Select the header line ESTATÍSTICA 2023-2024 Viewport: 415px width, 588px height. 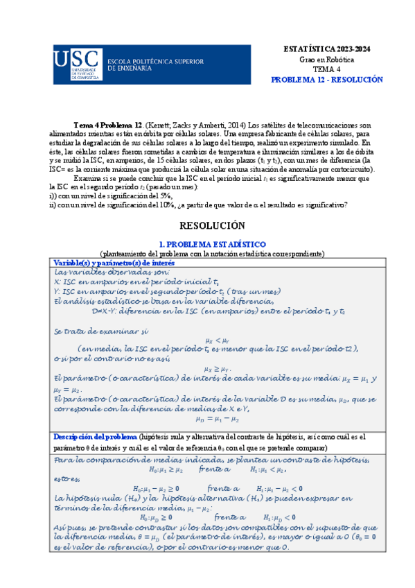(x=326, y=51)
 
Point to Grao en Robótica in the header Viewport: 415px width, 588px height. (x=326, y=60)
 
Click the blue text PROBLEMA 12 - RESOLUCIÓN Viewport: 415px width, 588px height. (x=326, y=80)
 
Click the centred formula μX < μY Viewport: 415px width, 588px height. (x=217, y=340)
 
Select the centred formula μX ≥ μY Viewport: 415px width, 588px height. (x=218, y=369)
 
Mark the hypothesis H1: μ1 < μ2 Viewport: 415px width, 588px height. (x=266, y=469)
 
